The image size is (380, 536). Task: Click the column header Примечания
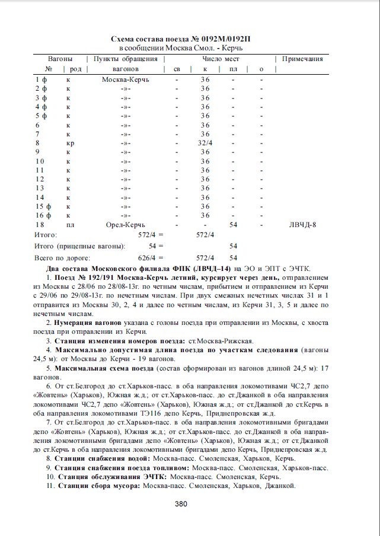pos(302,59)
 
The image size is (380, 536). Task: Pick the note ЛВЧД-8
pos(302,225)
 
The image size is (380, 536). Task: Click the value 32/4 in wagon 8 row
pos(205,143)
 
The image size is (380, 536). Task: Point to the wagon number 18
pos(40,225)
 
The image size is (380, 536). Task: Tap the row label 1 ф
pos(41,79)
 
